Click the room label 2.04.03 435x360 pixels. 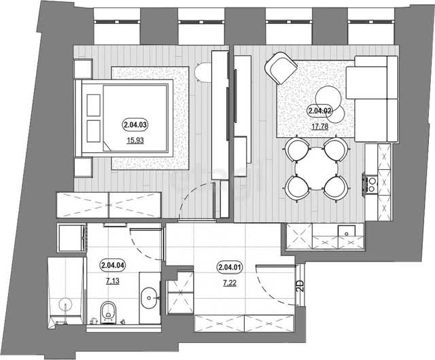[x=135, y=125]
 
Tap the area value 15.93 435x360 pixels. [x=135, y=141]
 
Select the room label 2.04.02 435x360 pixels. [x=319, y=111]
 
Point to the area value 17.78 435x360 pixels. [x=320, y=126]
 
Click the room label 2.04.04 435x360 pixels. [x=113, y=265]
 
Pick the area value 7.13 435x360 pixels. [x=113, y=281]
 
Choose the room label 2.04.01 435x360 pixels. [x=230, y=268]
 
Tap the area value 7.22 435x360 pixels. [x=230, y=283]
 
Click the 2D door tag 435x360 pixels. [x=300, y=286]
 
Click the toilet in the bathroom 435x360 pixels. [x=108, y=312]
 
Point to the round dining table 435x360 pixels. [x=316, y=168]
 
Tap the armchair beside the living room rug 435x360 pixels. [x=281, y=68]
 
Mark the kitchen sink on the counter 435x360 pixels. [x=346, y=231]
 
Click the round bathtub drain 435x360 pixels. [x=66, y=304]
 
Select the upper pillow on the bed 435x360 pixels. [x=94, y=105]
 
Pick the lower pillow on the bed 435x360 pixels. [x=94, y=131]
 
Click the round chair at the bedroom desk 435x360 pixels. [x=203, y=73]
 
